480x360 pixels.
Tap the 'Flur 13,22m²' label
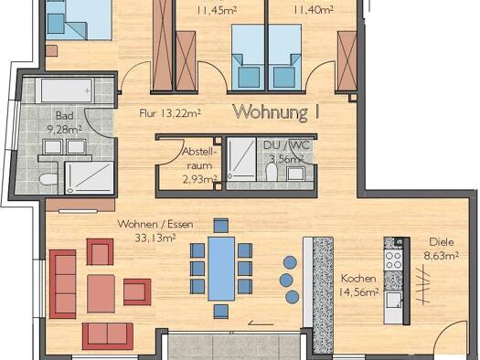coord(170,114)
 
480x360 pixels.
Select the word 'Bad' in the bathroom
coord(64,116)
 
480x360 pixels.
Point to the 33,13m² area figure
coord(152,239)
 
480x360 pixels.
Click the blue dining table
coord(221,268)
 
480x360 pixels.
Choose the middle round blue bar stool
coord(290,279)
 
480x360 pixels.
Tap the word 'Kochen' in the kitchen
coord(358,279)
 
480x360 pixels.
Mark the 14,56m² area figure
coord(359,293)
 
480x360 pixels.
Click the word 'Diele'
coord(443,243)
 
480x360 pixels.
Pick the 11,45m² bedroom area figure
coord(216,11)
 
